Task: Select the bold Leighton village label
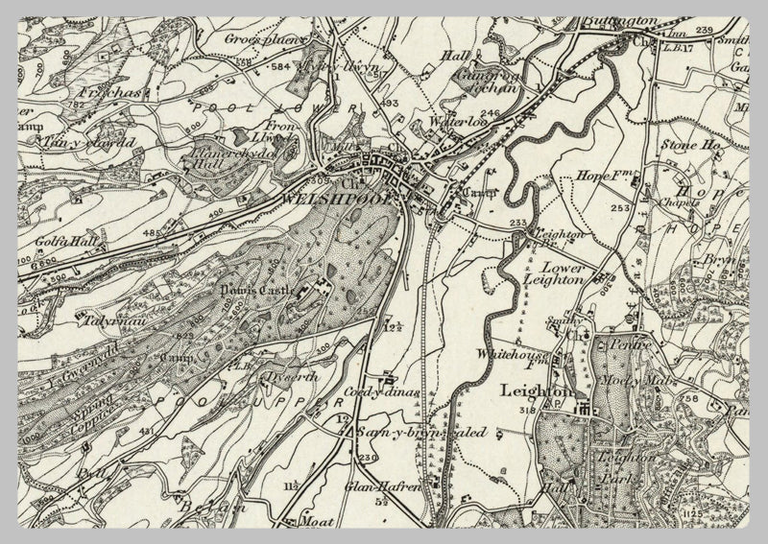[536, 391]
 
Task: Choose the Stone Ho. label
[689, 145]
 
